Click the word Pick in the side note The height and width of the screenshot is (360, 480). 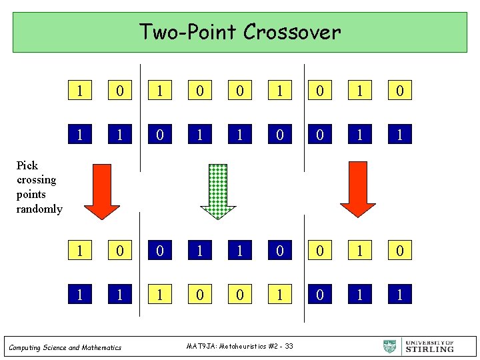click(27, 165)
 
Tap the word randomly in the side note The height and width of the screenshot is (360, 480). click(39, 209)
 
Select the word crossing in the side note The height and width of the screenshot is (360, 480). click(36, 180)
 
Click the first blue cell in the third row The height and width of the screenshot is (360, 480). click(160, 251)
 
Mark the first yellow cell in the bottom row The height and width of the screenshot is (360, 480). click(80, 294)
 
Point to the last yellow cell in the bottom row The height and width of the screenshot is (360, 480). click(400, 294)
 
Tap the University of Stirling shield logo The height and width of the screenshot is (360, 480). click(390, 347)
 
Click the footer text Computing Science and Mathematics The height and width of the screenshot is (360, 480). click(65, 347)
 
